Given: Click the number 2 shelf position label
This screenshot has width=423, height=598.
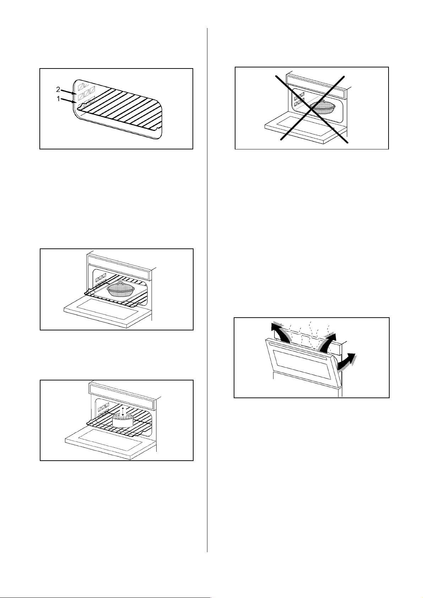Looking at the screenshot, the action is tap(58, 89).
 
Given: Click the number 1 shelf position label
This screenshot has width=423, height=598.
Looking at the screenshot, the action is tap(59, 99).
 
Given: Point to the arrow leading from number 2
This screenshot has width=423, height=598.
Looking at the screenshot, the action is tap(69, 92).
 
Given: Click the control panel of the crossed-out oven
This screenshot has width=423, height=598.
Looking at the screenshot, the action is tap(316, 86).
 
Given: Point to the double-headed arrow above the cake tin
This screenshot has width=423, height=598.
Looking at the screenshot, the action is tap(123, 411).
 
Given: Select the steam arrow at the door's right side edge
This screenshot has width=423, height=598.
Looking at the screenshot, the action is tap(347, 362).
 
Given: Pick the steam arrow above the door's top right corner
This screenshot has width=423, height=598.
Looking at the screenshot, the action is tap(329, 341).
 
